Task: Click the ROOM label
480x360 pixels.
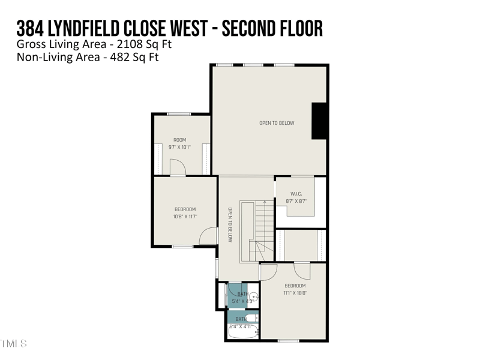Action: (x=179, y=140)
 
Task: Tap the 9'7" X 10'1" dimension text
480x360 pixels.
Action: (x=179, y=147)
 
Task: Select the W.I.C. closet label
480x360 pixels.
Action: (x=296, y=194)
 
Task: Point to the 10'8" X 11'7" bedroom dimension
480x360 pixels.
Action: (x=185, y=217)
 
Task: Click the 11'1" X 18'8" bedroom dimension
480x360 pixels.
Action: (x=295, y=293)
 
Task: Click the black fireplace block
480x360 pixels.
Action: (x=319, y=121)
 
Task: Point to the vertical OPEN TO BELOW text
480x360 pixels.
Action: (x=230, y=224)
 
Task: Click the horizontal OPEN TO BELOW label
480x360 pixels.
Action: (x=277, y=123)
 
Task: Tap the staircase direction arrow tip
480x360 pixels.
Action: (x=264, y=202)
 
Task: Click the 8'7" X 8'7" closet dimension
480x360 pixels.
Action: (x=296, y=202)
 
